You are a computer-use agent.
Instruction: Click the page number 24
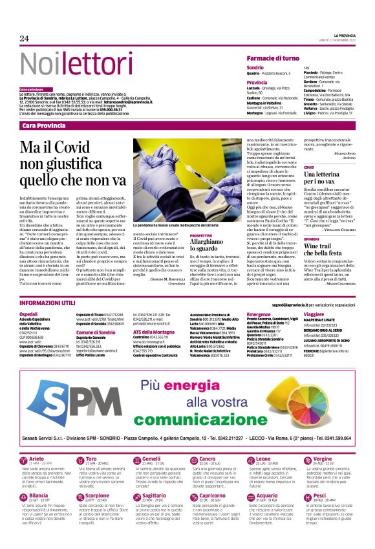pyautogui.click(x=25, y=38)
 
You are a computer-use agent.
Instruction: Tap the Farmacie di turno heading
pyautogui.click(x=279, y=58)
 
